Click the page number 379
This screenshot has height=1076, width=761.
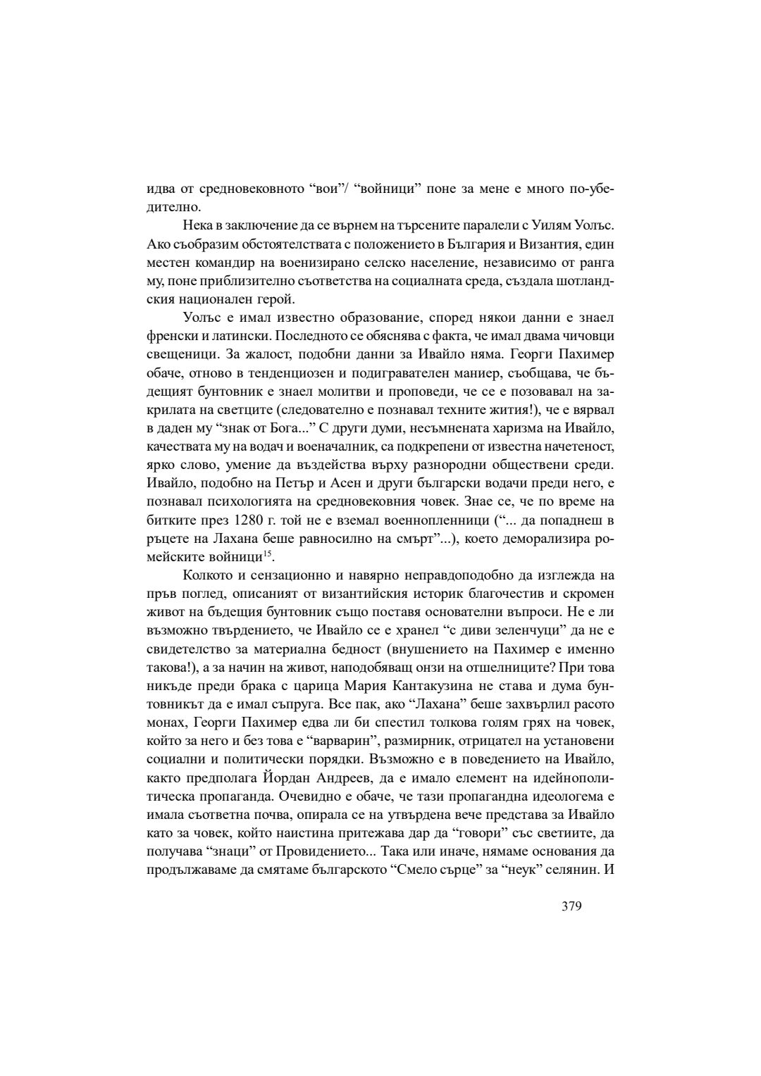point(571,906)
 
